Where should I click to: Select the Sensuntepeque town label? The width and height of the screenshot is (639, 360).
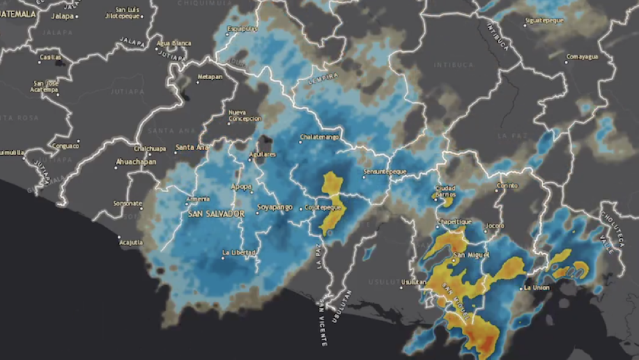click(x=385, y=173)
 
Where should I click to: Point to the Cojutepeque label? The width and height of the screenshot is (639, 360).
click(x=320, y=207)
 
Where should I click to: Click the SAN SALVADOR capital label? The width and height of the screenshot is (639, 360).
click(x=216, y=214)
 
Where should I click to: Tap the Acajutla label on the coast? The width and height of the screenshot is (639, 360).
click(x=130, y=242)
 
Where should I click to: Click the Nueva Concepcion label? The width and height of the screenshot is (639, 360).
click(x=245, y=116)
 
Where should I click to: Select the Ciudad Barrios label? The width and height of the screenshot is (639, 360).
click(x=445, y=191)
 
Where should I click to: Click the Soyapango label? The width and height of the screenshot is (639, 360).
click(x=275, y=207)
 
